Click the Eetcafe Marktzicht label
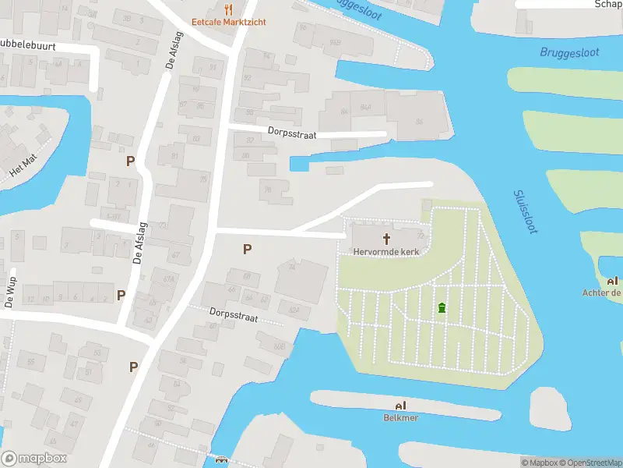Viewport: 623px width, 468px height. pyautogui.click(x=229, y=22)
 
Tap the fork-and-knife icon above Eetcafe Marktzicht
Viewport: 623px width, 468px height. pyautogui.click(x=228, y=9)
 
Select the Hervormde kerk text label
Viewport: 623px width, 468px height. pyautogui.click(x=385, y=252)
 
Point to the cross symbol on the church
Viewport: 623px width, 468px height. pyautogui.click(x=385, y=237)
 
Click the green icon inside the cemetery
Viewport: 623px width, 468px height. pyautogui.click(x=442, y=308)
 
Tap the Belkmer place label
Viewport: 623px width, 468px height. pyautogui.click(x=401, y=417)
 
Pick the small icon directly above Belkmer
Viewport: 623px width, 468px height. pyautogui.click(x=401, y=406)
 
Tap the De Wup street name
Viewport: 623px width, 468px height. pyautogui.click(x=10, y=290)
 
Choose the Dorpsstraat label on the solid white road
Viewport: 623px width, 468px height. pyautogui.click(x=292, y=134)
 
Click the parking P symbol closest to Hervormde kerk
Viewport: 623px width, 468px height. pyautogui.click(x=248, y=250)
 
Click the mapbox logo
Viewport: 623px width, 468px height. pyautogui.click(x=34, y=459)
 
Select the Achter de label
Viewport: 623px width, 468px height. pyautogui.click(x=602, y=293)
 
